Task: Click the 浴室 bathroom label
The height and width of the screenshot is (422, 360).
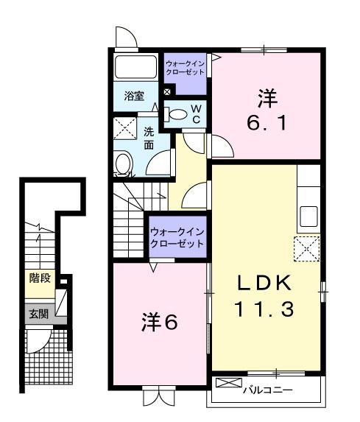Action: [x=133, y=96]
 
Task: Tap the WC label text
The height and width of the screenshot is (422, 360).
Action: [x=196, y=113]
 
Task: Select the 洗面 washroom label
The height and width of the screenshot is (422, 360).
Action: [x=149, y=139]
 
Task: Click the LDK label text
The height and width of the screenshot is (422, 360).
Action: [x=265, y=282]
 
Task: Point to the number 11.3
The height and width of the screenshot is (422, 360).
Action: [x=265, y=309]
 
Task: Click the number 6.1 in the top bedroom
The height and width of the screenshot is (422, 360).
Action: [x=265, y=124]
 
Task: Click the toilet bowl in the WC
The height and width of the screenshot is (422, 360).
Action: [x=178, y=115]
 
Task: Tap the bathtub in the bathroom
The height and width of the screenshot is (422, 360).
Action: [x=136, y=69]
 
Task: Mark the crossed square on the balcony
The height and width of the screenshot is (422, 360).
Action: [x=228, y=384]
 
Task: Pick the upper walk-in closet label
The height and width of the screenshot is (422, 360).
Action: [x=187, y=68]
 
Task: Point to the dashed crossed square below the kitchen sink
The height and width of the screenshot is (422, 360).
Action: [x=306, y=249]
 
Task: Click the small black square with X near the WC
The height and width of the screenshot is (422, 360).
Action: [x=167, y=92]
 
